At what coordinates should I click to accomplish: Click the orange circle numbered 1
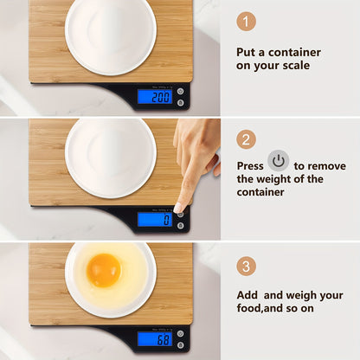click(247, 22)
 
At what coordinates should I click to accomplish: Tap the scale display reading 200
click(154, 96)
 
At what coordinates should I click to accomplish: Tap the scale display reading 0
click(154, 219)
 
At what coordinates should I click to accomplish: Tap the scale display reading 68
click(154, 339)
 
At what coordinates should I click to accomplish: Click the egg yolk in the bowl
click(103, 270)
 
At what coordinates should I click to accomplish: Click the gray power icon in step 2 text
click(278, 161)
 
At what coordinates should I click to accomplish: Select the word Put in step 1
click(246, 51)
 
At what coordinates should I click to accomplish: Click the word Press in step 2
click(251, 165)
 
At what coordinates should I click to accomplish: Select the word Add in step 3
click(248, 295)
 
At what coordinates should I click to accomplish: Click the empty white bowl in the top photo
click(110, 35)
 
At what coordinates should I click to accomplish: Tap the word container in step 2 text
click(262, 193)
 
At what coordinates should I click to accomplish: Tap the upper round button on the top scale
click(180, 91)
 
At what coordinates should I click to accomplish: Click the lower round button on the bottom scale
click(180, 345)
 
